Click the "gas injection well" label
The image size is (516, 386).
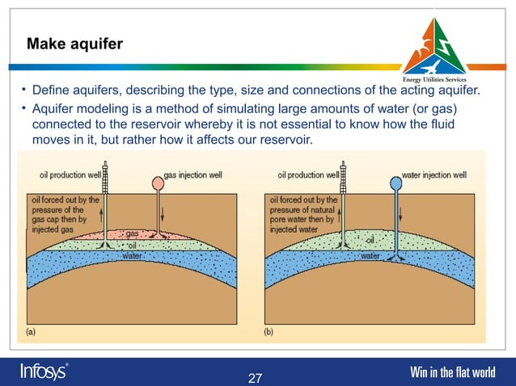(193, 174)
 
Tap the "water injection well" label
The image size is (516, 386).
(434, 174)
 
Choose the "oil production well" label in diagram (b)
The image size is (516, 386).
(308, 174)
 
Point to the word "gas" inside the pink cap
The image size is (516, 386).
(132, 234)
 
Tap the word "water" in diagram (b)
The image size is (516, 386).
(370, 255)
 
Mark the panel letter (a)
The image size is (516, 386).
(31, 331)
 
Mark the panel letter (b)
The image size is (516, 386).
(269, 331)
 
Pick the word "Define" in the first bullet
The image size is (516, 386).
(52, 90)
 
